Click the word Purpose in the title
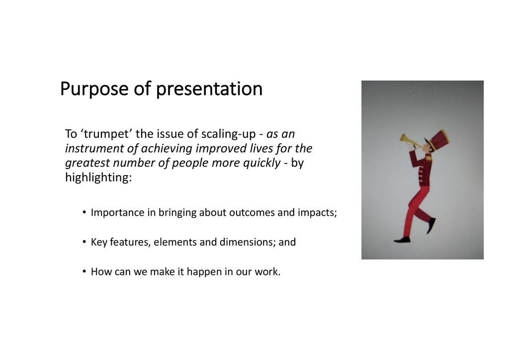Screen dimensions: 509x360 [x=94, y=89]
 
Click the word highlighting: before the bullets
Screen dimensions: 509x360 [x=98, y=178]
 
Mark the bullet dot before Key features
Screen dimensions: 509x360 [x=85, y=242]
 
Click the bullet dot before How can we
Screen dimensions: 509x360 [x=85, y=271]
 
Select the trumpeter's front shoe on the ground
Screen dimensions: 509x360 [x=402, y=240]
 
